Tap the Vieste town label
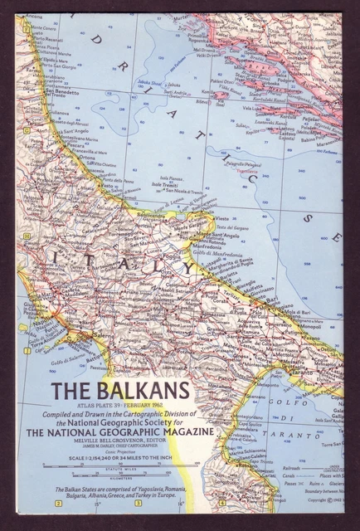click(x=223, y=218)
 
